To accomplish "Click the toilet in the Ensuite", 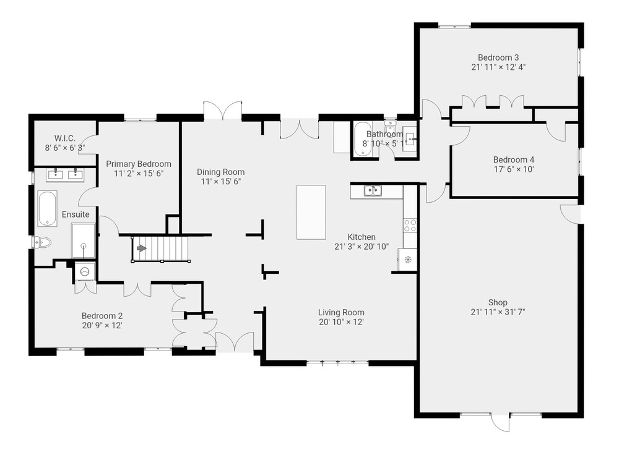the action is [x=43, y=242].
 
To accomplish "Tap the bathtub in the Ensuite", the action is [x=48, y=208].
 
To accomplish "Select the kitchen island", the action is [x=311, y=212].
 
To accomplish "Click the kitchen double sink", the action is [x=373, y=191].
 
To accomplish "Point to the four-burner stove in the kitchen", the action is [x=410, y=226].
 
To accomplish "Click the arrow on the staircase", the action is [x=141, y=248].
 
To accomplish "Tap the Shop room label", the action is [x=498, y=302].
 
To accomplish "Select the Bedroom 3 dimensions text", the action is [x=498, y=67].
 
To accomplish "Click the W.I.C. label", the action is [x=65, y=138].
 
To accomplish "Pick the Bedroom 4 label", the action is [x=514, y=159].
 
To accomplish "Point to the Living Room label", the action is [x=341, y=312].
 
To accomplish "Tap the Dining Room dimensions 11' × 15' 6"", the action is [x=221, y=181].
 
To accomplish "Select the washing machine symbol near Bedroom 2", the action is [x=85, y=271].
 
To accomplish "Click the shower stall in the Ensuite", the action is [x=84, y=241].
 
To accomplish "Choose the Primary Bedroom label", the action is [x=139, y=164].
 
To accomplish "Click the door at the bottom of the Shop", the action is [x=500, y=423].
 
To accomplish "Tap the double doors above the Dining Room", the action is [x=223, y=111].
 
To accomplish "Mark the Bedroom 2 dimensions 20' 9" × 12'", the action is [x=102, y=326].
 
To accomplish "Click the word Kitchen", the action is [x=361, y=237].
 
